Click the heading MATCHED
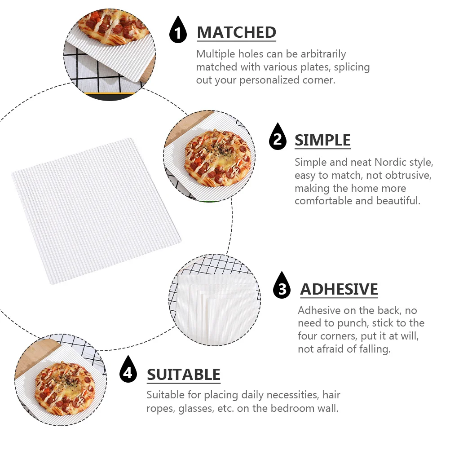(x=236, y=32)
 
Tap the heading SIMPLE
(x=322, y=140)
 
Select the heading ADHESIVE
(x=339, y=289)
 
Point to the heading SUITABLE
(x=183, y=374)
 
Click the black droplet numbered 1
(x=178, y=31)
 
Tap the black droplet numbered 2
(x=278, y=138)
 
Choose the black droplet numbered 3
(x=282, y=287)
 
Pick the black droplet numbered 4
(x=128, y=371)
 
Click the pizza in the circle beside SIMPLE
(x=217, y=157)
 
